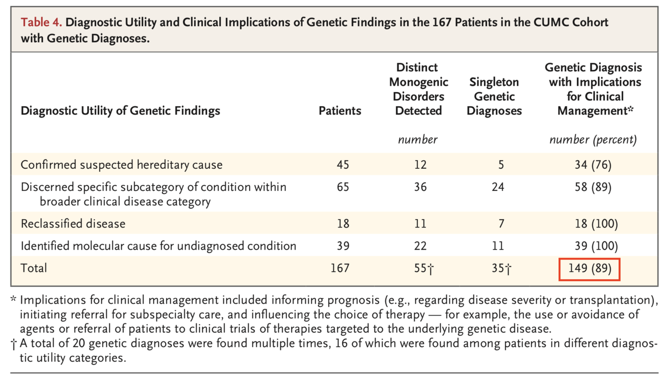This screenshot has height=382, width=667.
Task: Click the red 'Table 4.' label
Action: point(41,22)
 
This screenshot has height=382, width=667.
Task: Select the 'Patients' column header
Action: point(340,111)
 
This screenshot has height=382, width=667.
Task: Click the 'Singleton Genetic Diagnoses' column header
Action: point(494,96)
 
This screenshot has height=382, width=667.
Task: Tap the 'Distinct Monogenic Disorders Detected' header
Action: point(418,89)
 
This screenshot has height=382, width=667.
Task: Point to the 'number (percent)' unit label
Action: point(593,140)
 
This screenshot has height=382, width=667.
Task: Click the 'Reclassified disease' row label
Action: point(73,224)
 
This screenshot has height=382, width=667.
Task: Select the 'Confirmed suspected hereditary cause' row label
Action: point(121,165)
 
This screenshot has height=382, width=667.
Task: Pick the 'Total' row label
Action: point(34,268)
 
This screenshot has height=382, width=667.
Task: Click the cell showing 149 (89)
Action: point(589,268)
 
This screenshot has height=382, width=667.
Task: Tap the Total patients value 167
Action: point(340,268)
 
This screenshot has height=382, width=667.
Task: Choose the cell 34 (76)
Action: point(593,165)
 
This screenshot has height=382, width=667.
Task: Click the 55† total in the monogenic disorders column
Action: point(423,268)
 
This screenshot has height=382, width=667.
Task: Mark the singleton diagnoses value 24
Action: point(498,187)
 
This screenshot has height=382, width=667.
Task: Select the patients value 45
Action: point(342,165)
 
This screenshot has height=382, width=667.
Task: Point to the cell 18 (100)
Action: point(596,224)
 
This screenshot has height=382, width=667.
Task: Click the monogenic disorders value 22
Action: point(420,246)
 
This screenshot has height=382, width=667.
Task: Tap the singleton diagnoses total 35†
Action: point(501,268)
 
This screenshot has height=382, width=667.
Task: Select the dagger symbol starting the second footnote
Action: point(14,344)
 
